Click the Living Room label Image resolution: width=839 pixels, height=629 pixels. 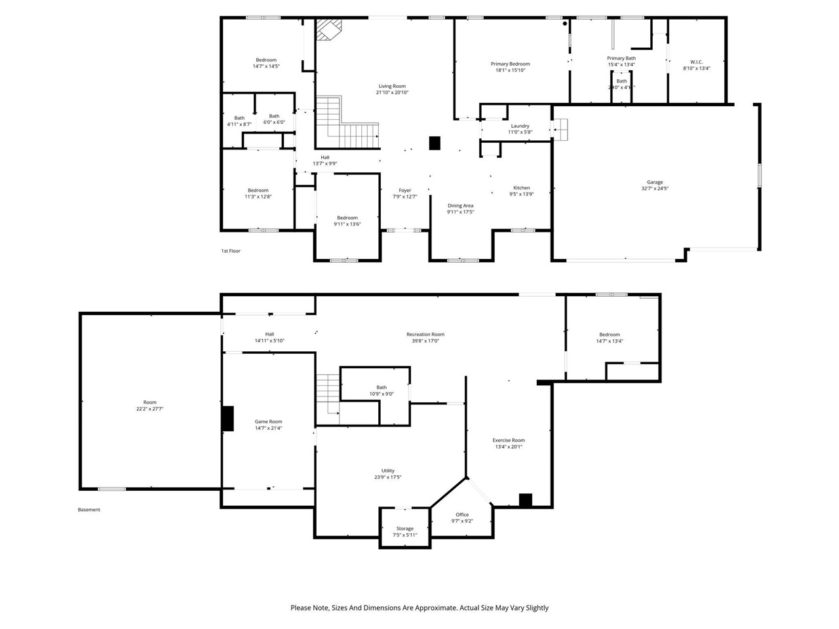(392, 86)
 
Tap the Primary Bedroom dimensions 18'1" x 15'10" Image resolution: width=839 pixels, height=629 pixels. (510, 70)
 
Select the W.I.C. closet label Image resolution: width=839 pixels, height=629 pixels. (696, 62)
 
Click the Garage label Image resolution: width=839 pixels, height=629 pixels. (655, 182)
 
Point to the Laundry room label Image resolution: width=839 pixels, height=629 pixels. (520, 126)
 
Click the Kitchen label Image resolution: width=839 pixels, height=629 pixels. (521, 187)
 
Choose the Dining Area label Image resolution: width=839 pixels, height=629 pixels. (460, 205)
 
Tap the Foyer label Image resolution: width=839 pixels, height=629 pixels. (404, 190)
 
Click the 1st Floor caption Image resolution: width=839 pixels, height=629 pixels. (231, 251)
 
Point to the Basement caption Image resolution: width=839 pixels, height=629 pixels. (89, 510)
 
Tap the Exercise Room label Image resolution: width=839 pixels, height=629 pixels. (509, 440)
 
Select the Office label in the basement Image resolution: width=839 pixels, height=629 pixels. (462, 514)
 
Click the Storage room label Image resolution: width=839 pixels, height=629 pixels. (404, 528)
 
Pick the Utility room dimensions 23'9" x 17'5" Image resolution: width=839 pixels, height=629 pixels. (388, 477)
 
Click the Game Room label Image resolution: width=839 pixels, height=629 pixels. (268, 422)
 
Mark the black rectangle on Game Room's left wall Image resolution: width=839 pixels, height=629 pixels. (227, 419)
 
